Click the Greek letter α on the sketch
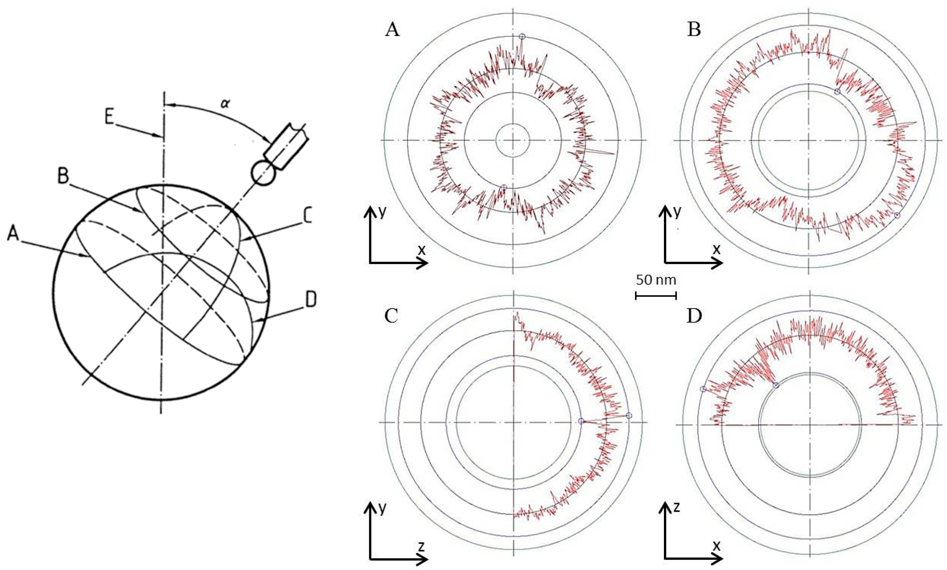point(225,103)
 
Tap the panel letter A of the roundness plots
point(392,40)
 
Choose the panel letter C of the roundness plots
point(391,316)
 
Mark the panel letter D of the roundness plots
point(694,316)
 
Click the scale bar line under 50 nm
point(656,295)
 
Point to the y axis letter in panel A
point(382,212)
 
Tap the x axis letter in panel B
point(716,250)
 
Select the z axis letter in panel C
point(421,546)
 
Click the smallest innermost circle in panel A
point(513,140)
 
